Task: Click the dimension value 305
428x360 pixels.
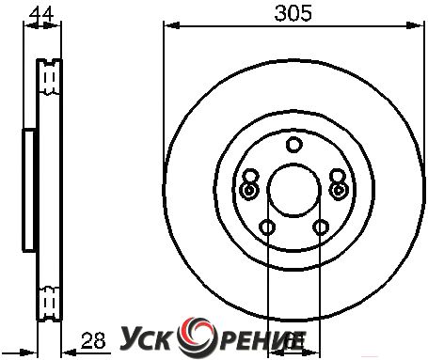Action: (293, 13)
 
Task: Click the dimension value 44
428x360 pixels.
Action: (41, 14)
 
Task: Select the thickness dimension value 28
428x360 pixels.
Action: (93, 341)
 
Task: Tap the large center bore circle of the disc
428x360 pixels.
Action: (294, 190)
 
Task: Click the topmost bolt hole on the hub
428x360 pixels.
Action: (294, 145)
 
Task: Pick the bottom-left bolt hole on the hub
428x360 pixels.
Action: (267, 227)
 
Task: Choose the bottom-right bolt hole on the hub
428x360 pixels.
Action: (321, 227)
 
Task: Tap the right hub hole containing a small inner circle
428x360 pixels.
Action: (339, 190)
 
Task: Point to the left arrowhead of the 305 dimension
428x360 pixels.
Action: (172, 25)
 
